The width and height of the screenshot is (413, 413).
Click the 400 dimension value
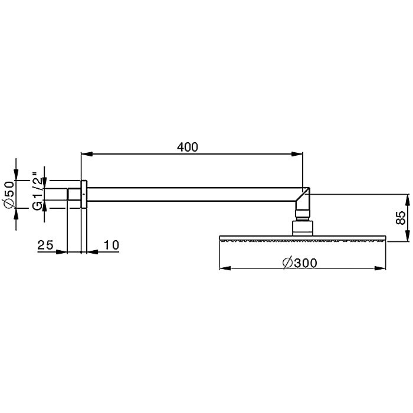click(x=187, y=146)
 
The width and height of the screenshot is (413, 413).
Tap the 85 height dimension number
click(x=401, y=217)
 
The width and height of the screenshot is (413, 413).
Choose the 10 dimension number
click(x=112, y=245)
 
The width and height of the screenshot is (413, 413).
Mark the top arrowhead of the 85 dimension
click(x=408, y=198)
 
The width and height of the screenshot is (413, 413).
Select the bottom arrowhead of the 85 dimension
click(x=408, y=235)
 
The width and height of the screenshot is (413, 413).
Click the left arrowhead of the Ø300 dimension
click(x=225, y=269)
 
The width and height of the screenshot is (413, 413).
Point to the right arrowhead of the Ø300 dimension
click(x=381, y=269)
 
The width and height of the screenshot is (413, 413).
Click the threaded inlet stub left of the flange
click(x=74, y=195)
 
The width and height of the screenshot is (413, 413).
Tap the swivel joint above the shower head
click(x=301, y=227)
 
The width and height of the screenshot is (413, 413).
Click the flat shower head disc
click(x=303, y=239)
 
